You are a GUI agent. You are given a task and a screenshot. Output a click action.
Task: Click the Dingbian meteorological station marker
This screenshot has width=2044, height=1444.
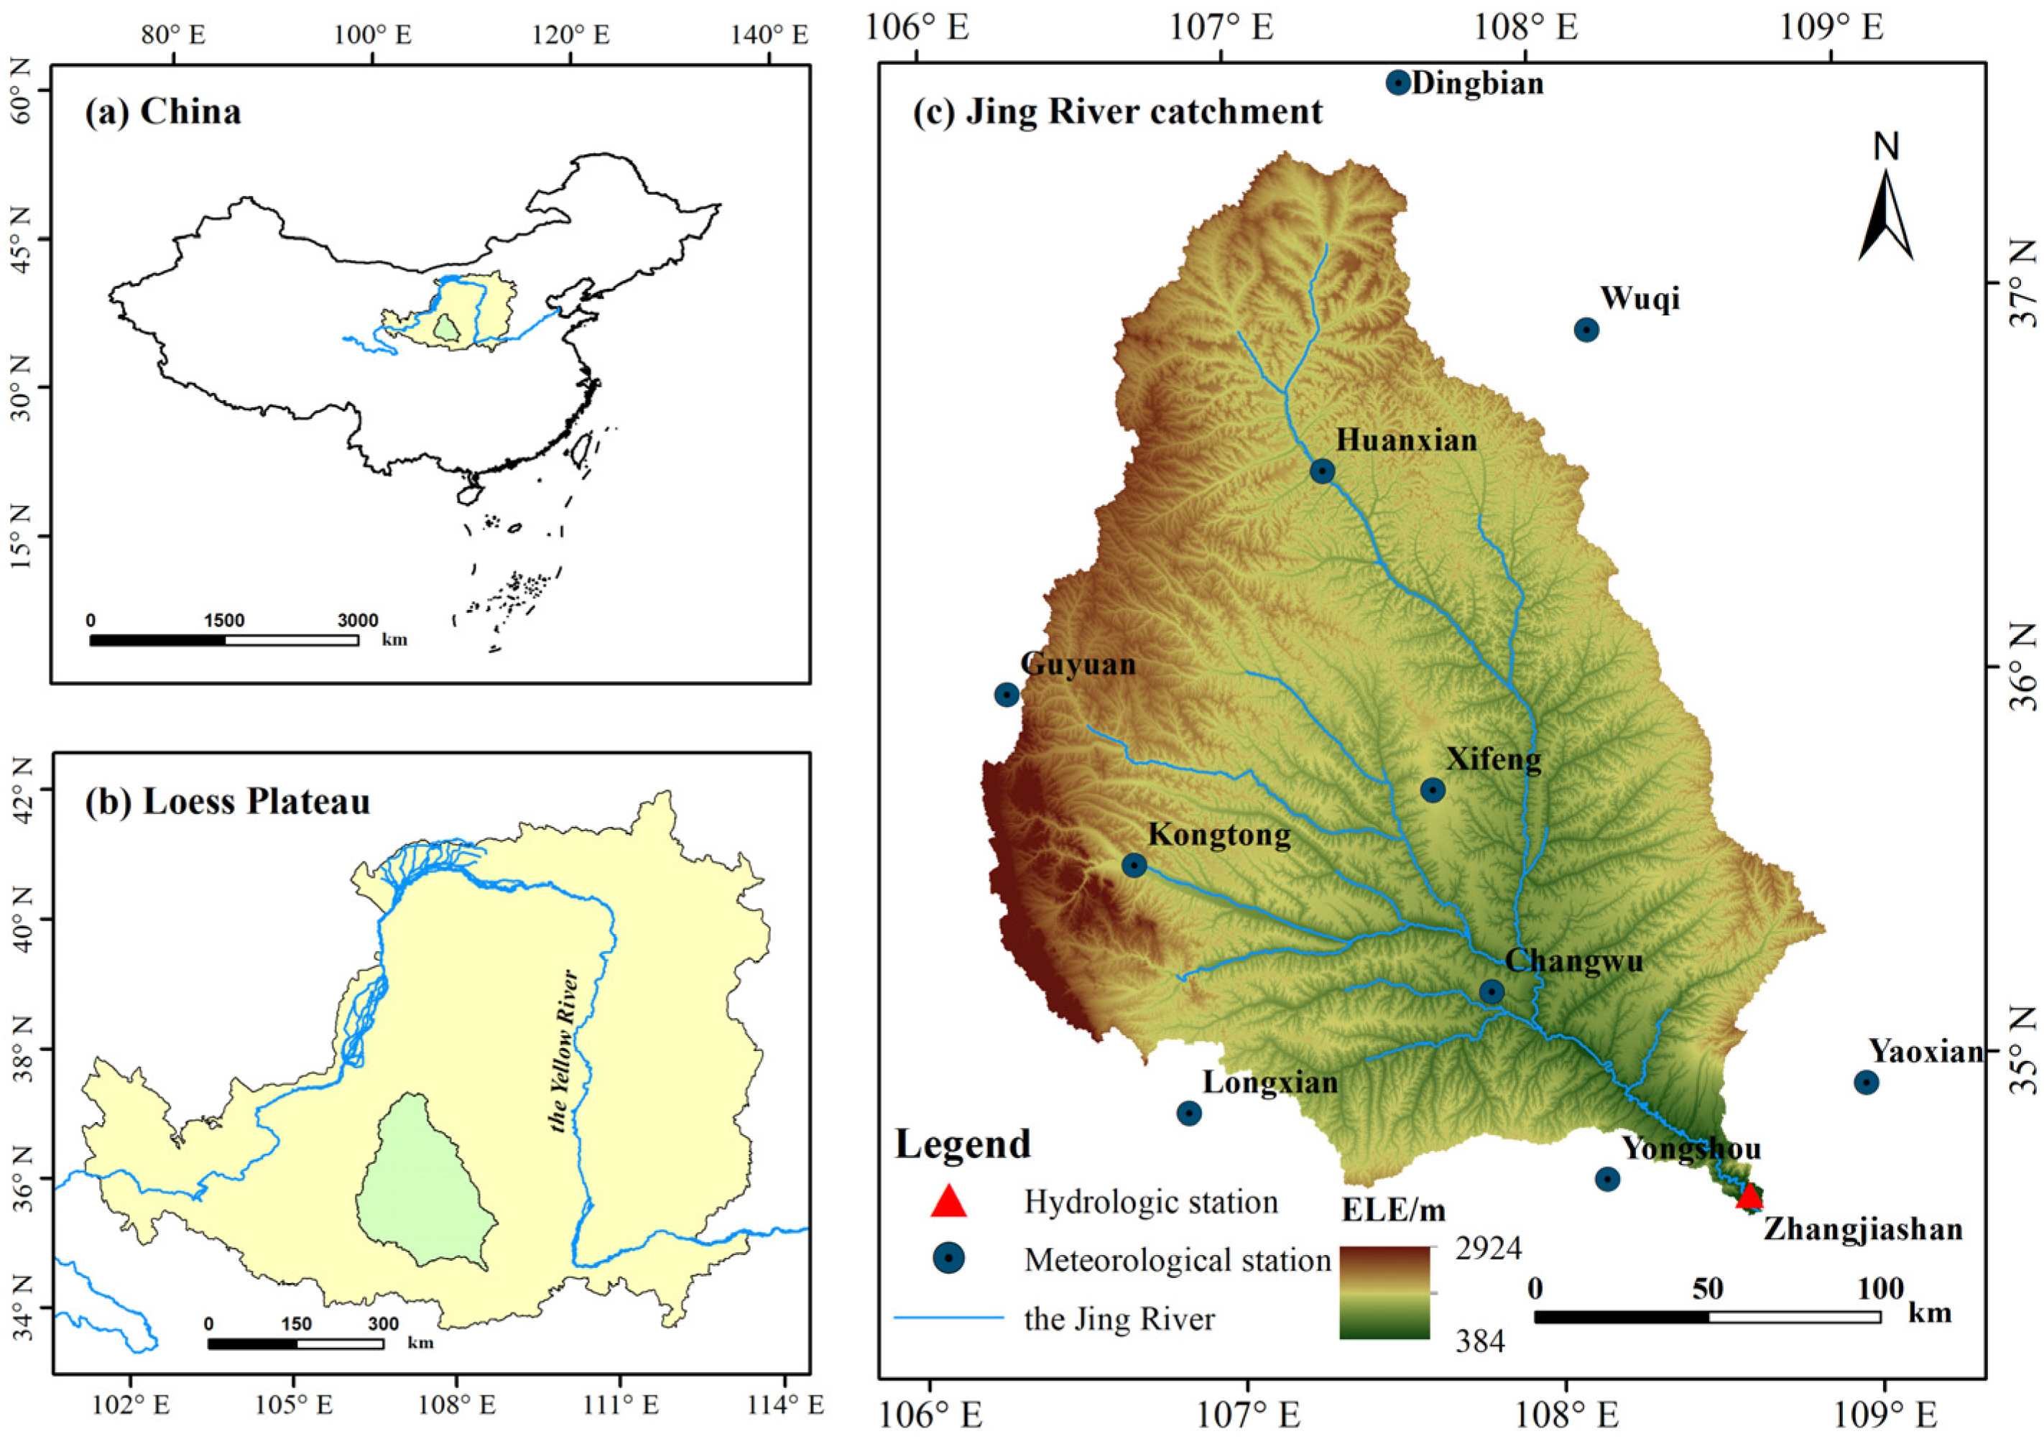point(1399,83)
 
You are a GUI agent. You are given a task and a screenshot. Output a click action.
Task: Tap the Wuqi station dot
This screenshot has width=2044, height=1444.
point(1586,330)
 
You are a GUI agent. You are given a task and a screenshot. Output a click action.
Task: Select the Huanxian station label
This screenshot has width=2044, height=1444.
point(1407,440)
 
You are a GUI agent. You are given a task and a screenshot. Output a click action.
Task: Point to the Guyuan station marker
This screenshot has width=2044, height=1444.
point(1007,695)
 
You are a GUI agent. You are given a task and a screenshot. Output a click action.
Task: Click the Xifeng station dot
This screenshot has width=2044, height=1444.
point(1433,790)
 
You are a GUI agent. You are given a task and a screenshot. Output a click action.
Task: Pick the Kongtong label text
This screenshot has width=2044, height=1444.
point(1218,835)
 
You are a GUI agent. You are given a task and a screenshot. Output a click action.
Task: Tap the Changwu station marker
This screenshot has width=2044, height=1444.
point(1492,991)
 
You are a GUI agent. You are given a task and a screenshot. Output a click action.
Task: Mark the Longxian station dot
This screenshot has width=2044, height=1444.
point(1189,1113)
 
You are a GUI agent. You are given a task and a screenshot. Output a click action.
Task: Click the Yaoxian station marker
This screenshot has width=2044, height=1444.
point(1867,1083)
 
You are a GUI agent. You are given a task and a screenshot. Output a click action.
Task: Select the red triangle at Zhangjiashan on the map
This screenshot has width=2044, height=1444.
point(1749,1195)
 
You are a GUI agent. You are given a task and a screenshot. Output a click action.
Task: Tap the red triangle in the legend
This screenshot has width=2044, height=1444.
point(948,1201)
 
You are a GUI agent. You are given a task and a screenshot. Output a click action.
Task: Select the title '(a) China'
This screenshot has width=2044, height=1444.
point(163,112)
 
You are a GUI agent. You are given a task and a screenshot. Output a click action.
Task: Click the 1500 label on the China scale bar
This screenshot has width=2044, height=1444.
point(223,621)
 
